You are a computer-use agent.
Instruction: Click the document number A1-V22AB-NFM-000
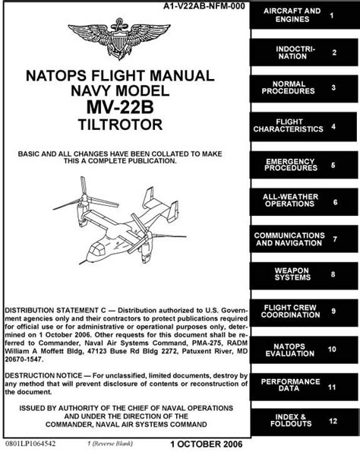[x=204, y=6]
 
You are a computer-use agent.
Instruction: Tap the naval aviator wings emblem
[x=119, y=39]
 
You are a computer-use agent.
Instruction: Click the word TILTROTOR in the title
[x=120, y=125]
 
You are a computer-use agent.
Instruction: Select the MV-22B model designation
[x=120, y=107]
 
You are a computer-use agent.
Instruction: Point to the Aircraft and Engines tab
[x=305, y=15]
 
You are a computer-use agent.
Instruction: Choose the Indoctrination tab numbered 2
[x=304, y=52]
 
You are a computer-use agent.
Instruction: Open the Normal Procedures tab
[x=304, y=89]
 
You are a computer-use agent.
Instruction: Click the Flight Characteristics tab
[x=303, y=127]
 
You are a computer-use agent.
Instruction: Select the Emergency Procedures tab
[x=304, y=165]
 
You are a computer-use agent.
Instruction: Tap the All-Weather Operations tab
[x=304, y=202]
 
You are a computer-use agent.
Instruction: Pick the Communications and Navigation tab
[x=304, y=239]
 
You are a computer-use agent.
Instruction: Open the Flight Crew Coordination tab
[x=304, y=312]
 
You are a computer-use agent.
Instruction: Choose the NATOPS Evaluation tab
[x=304, y=349]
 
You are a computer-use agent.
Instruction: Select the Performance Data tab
[x=304, y=387]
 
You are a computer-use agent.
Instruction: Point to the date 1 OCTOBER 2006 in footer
[x=207, y=444]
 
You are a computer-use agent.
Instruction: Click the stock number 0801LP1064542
[x=30, y=444]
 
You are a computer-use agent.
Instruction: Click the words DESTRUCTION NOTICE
[x=43, y=375]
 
